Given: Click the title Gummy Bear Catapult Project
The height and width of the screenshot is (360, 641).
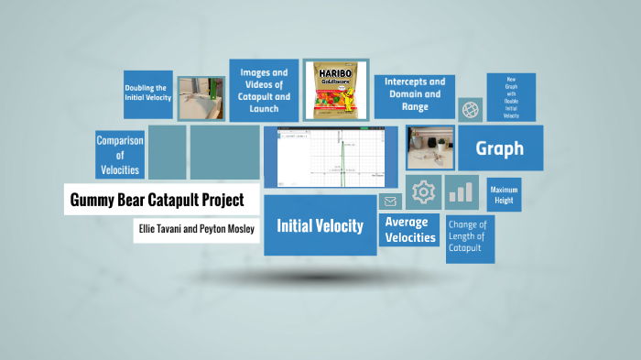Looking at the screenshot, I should pos(157,199).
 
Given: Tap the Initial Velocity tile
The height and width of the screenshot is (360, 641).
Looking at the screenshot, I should pos(320,225).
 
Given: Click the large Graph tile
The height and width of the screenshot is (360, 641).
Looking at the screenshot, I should pos(500,148).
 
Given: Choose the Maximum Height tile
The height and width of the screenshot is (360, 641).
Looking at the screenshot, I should pos(504,195).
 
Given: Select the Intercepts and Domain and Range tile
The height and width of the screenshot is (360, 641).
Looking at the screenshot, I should pos(414,94).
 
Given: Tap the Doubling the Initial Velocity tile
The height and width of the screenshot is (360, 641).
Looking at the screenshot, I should pos(148,93).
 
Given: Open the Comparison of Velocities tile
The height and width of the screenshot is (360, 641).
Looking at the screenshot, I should pos(119,154).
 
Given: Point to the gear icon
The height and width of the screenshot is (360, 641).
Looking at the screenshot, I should pos(423,191).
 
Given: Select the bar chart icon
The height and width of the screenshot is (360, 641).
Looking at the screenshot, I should pos(462,192).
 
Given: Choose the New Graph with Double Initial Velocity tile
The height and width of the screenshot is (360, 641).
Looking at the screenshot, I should pos(511,97).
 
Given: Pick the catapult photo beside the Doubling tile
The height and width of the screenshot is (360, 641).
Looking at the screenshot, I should pos(201,98).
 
